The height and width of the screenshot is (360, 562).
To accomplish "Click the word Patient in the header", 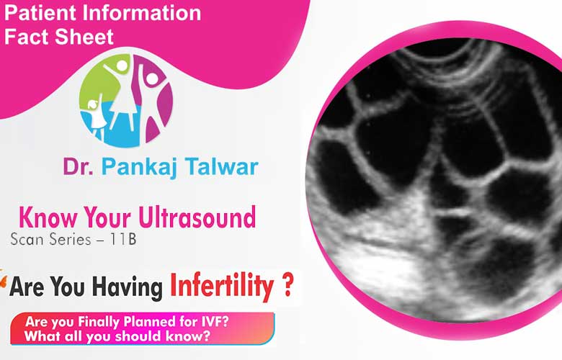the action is pyautogui.click(x=40, y=12).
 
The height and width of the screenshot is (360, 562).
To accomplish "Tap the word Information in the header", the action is pyautogui.click(x=141, y=12).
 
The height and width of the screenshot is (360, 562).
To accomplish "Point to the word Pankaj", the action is pyautogui.click(x=140, y=167).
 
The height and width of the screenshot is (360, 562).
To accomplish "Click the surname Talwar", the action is pyautogui.click(x=222, y=166).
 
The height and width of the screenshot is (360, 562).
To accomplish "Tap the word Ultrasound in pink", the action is pyautogui.click(x=197, y=217).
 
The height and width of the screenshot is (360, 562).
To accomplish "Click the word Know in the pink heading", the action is pyautogui.click(x=48, y=217).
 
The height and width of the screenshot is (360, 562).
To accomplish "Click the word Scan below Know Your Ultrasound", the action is pyautogui.click(x=27, y=239).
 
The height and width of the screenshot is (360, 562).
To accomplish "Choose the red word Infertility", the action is pyautogui.click(x=222, y=287).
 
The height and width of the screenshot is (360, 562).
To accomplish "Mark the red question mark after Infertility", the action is pyautogui.click(x=287, y=285).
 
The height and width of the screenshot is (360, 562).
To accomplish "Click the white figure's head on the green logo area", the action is pyautogui.click(x=122, y=66).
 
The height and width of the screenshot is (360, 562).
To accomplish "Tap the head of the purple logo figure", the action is pyautogui.click(x=152, y=78).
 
